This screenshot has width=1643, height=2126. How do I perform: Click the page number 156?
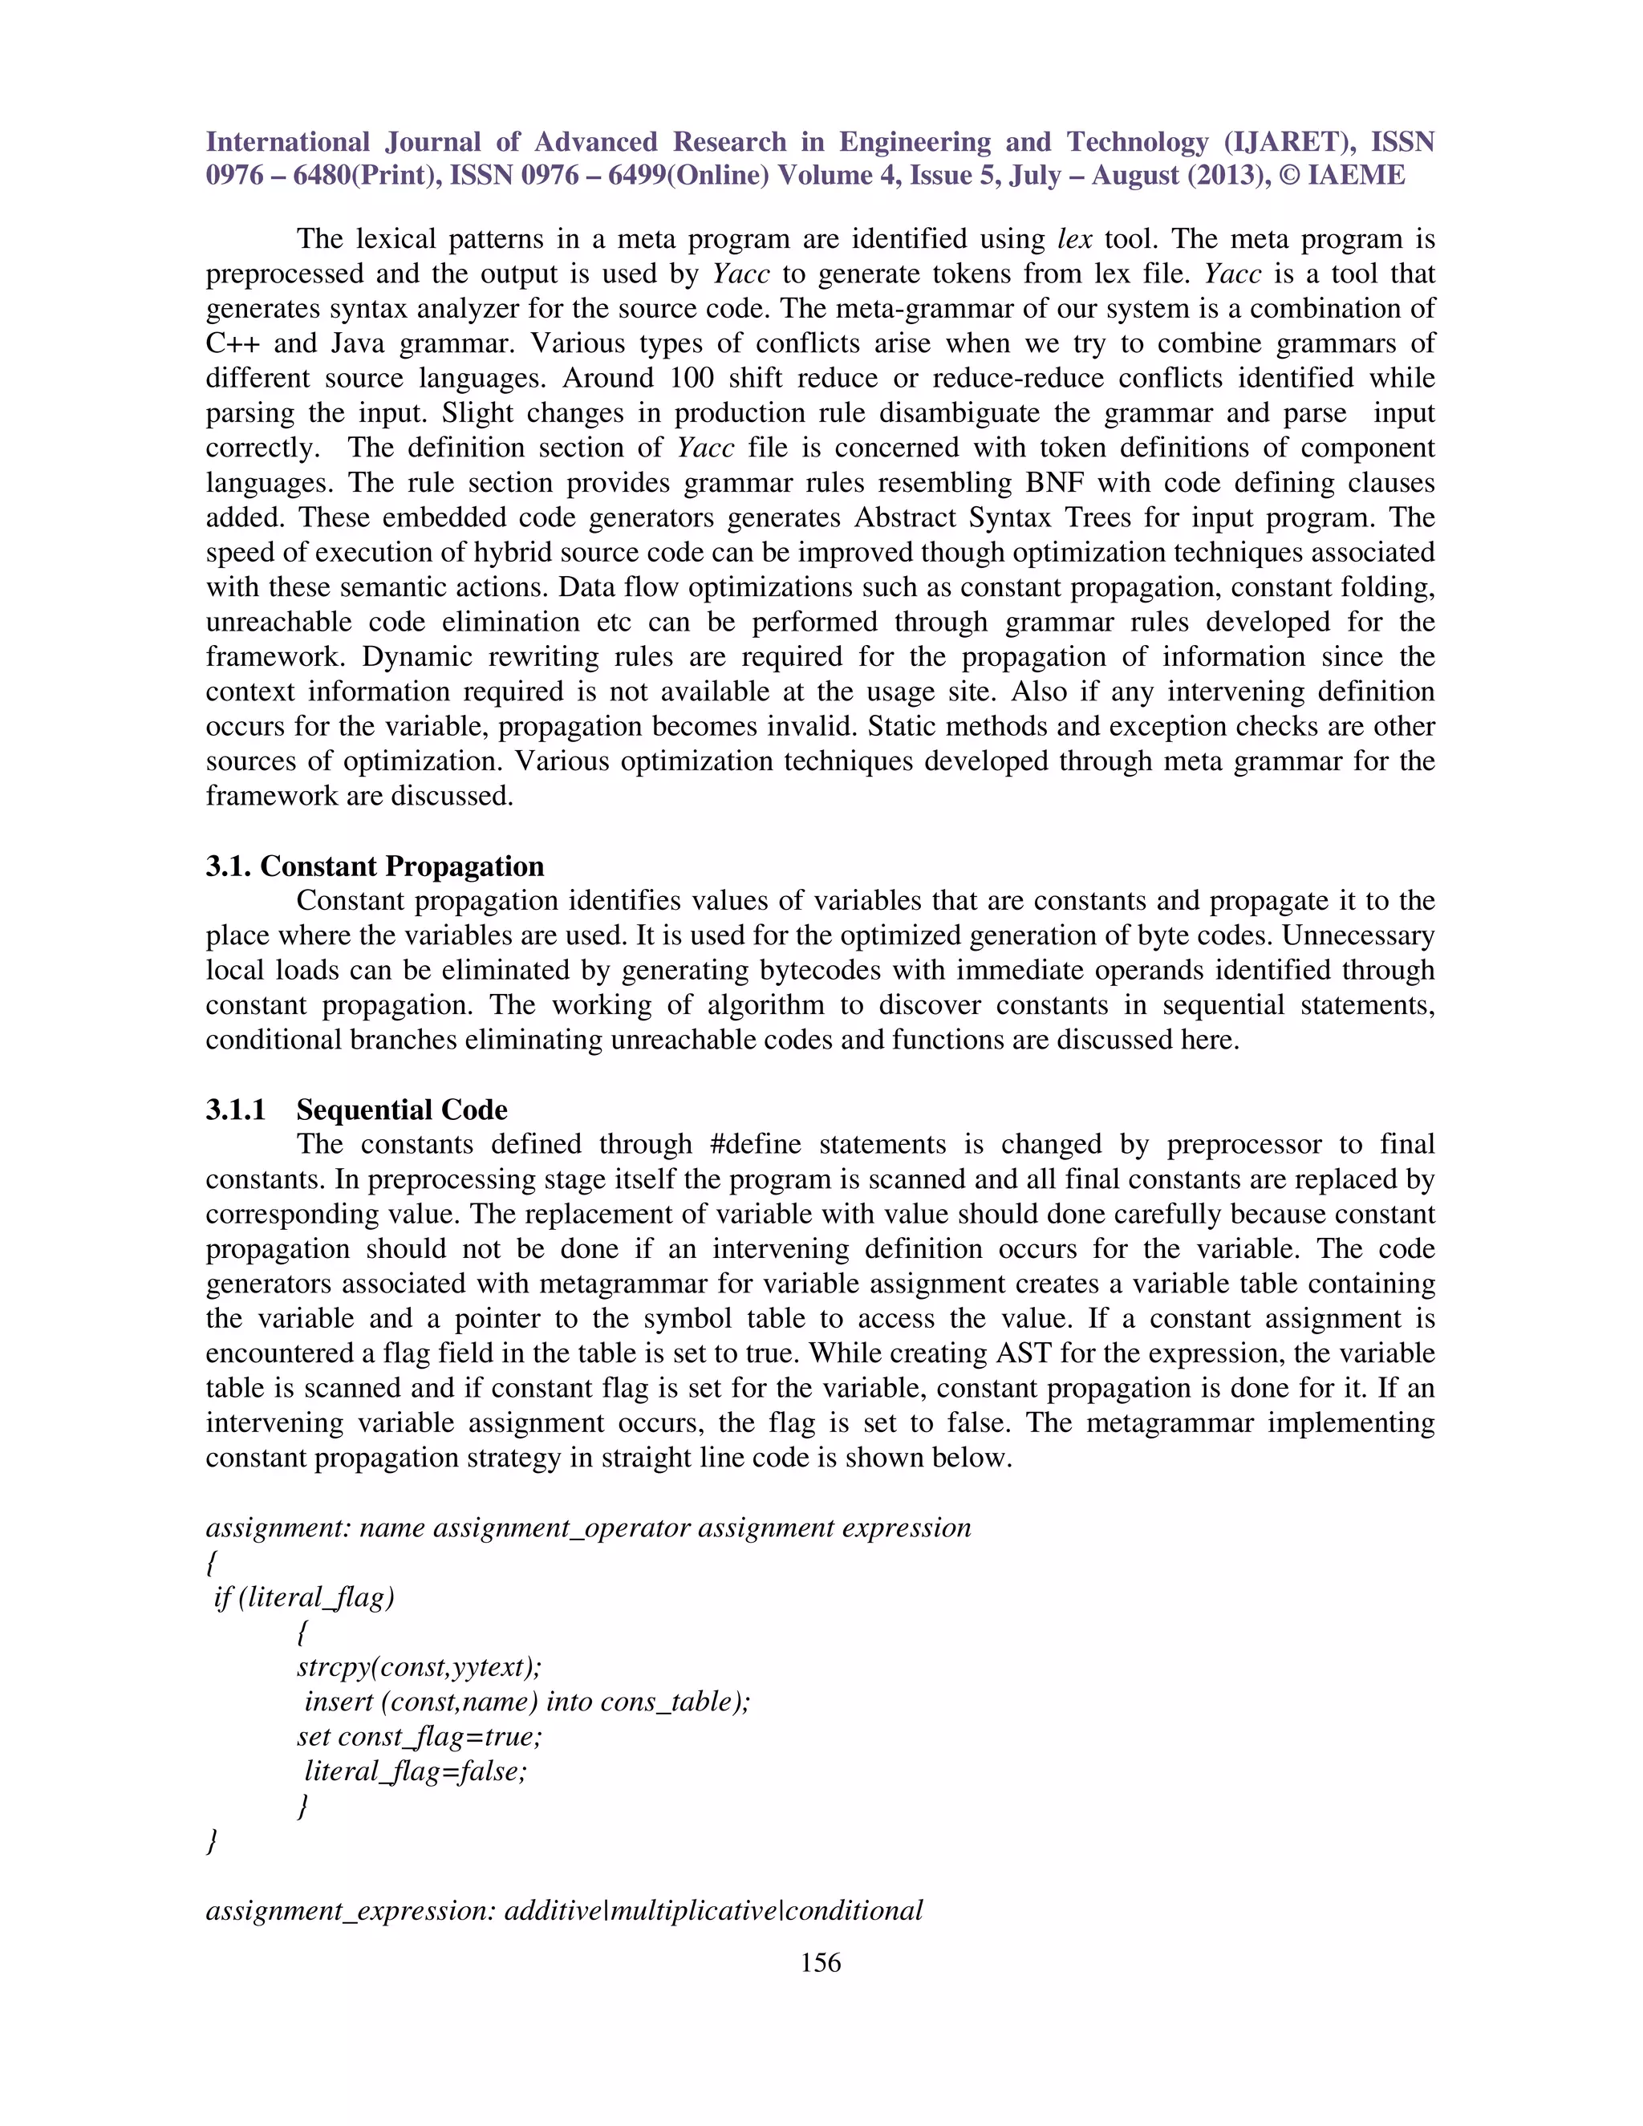coord(820,1962)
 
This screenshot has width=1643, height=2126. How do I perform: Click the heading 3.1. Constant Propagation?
coord(375,866)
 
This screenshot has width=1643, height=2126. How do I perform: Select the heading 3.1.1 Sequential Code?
coord(356,1109)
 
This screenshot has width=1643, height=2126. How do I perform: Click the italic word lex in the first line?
coord(1074,238)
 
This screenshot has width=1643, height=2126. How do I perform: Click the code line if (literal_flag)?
coord(304,1597)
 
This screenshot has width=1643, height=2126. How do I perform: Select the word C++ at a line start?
coord(232,343)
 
